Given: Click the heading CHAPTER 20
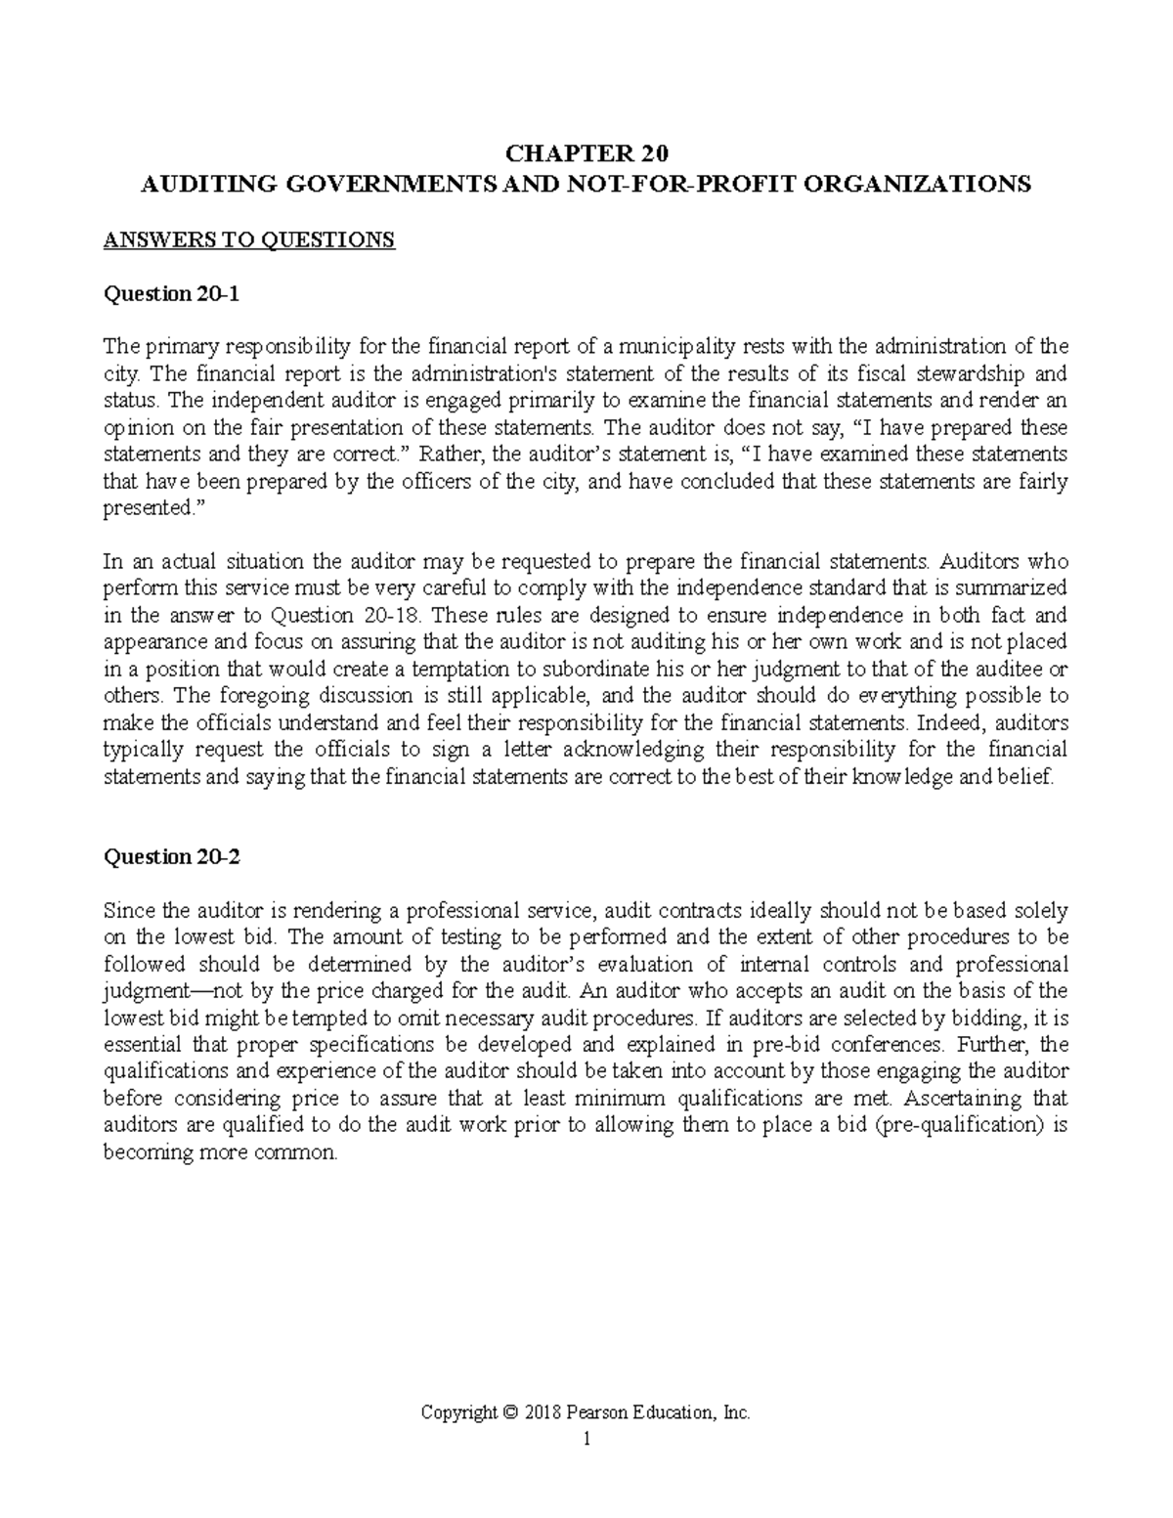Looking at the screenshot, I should point(586,154).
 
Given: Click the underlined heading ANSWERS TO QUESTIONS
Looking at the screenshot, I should point(249,239).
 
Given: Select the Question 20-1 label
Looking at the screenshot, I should point(170,293).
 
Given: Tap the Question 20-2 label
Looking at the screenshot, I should point(170,856).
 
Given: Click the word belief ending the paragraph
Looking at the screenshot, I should point(1030,777).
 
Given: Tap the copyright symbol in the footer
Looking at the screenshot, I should point(508,1412).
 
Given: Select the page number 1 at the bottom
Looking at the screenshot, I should point(586,1439).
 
